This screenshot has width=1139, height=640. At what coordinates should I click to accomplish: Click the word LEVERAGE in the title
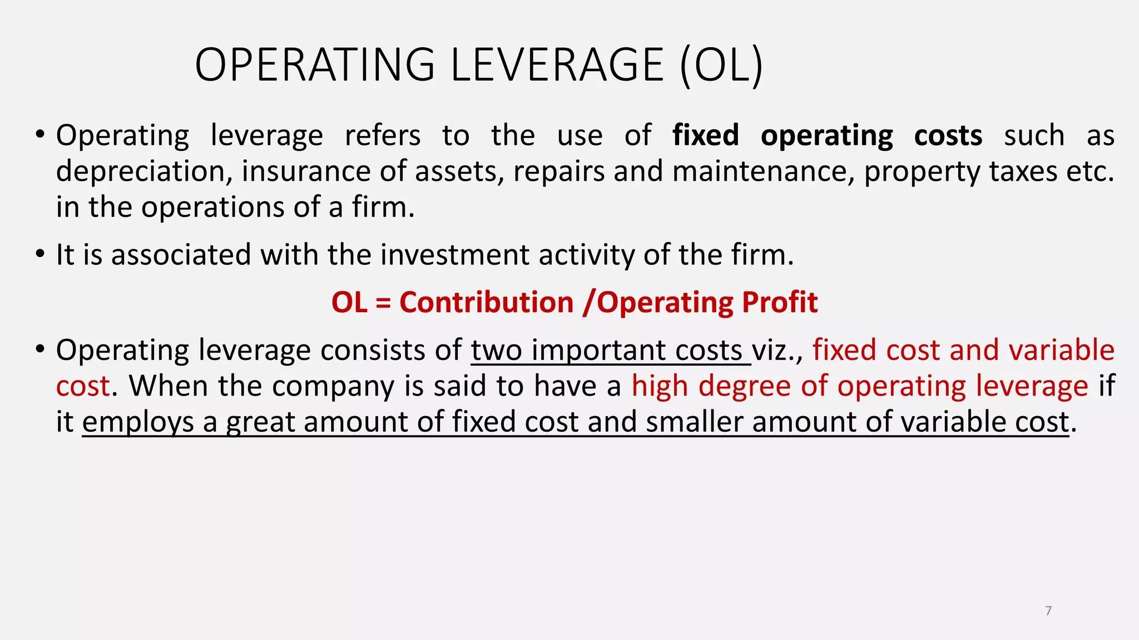[557, 65]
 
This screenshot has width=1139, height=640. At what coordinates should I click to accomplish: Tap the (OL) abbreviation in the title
[721, 65]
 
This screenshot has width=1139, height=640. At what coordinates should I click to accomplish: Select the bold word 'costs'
[948, 136]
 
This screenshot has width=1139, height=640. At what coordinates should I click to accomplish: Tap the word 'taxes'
[1023, 171]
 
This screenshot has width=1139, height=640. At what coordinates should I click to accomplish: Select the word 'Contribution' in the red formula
[486, 303]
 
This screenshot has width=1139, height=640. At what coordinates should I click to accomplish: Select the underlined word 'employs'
[138, 422]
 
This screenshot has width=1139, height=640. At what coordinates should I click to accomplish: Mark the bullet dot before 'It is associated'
[39, 254]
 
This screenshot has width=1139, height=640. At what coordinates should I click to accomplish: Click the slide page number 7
[1048, 611]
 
